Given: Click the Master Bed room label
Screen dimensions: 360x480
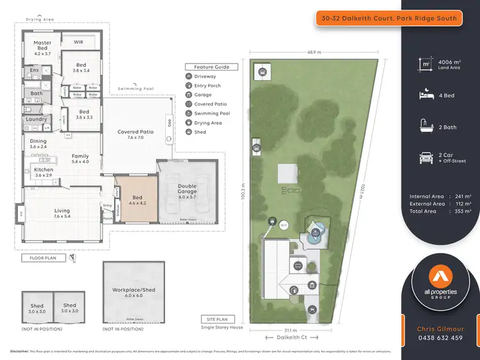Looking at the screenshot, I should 42,47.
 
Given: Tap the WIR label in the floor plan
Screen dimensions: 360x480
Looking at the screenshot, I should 79,42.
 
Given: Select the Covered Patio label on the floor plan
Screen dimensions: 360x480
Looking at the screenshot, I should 134,135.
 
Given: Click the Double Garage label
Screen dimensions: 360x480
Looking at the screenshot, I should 188,189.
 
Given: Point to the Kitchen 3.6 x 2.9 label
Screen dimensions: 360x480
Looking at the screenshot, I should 44,172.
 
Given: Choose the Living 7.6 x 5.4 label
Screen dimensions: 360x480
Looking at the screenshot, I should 61,213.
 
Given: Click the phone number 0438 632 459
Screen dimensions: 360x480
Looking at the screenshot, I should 439,338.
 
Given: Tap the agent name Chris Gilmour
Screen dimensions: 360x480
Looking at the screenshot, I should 439,329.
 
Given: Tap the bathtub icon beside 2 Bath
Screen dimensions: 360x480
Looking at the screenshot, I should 425,126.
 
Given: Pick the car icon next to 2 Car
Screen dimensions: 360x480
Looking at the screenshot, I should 425,158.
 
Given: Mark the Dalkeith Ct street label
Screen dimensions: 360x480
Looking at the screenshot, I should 291,337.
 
